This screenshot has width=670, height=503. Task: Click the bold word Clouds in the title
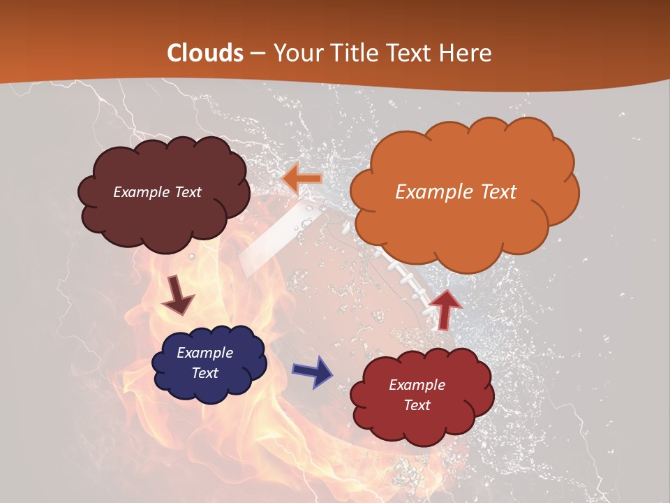(x=205, y=53)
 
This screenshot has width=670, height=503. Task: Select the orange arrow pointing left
(x=302, y=180)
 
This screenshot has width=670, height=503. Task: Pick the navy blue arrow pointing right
(x=312, y=372)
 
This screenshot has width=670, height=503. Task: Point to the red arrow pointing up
(x=445, y=308)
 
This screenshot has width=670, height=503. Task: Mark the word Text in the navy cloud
(x=205, y=373)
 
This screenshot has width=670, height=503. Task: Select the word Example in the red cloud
(x=417, y=385)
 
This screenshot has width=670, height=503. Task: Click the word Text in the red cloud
(x=417, y=405)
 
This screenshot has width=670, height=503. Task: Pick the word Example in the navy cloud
(x=205, y=353)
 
